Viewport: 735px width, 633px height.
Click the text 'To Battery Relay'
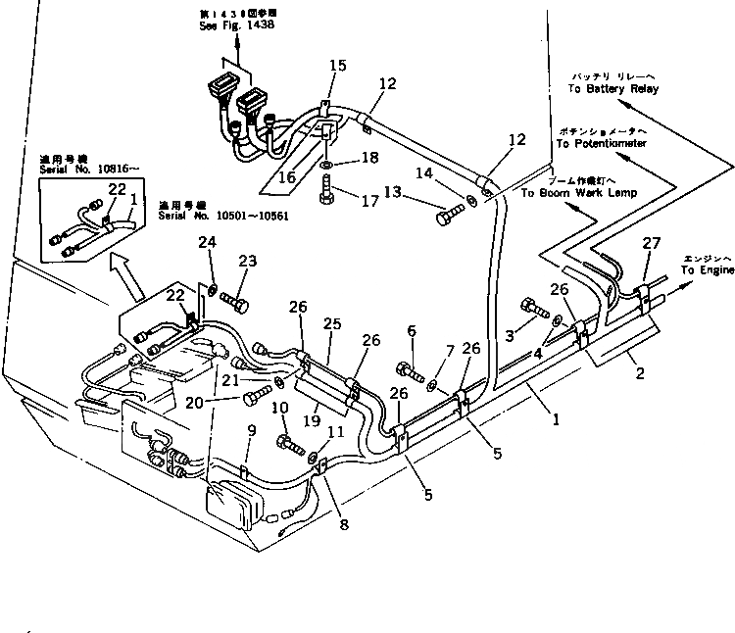click(614, 89)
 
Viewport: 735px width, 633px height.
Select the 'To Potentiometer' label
click(601, 143)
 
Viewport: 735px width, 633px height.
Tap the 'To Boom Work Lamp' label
click(578, 193)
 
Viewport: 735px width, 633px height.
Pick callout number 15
click(337, 66)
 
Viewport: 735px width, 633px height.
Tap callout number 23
click(247, 262)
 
